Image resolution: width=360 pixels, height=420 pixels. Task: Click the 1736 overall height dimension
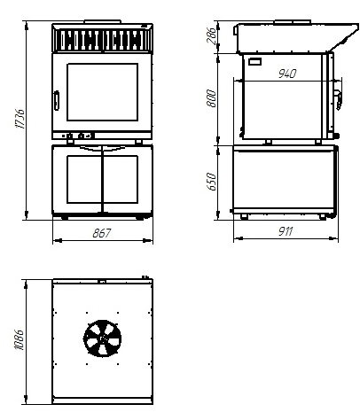pos(20,119)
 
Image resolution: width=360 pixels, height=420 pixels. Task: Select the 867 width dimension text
pos(101,233)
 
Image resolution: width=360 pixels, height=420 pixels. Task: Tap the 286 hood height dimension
pos(212,35)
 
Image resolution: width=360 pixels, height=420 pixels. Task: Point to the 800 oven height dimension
pos(211,98)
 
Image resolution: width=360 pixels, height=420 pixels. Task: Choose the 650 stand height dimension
pos(212,182)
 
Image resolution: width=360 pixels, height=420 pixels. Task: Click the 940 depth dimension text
pos(287,74)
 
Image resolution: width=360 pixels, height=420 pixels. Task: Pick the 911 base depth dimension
pos(286,231)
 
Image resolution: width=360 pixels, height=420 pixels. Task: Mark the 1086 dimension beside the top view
pos(20,339)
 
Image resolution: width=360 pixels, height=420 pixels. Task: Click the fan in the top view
pos(102,338)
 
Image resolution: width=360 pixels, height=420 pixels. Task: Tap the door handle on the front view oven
pos(57,100)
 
